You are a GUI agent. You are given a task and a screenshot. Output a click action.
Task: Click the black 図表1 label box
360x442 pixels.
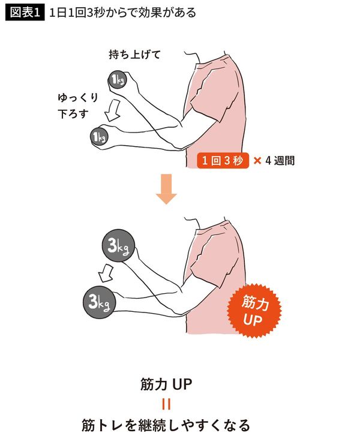tap(24, 12)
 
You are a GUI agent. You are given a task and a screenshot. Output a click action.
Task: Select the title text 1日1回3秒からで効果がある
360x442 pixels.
tap(123, 12)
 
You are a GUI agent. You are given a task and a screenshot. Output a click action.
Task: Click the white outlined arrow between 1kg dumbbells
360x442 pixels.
tap(112, 110)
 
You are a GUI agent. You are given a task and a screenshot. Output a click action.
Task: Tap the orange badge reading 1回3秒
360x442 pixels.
tap(223, 161)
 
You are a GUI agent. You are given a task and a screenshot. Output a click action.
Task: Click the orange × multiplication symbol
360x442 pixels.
tap(257, 161)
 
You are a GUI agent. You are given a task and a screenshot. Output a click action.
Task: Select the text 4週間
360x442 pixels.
tap(280, 161)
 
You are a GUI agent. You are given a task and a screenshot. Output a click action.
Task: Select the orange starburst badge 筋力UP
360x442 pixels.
tap(254, 310)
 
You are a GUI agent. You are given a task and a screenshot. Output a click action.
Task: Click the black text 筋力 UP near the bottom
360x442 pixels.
tap(166, 384)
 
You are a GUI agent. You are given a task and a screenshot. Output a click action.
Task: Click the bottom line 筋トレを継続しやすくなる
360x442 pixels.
tap(166, 426)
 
